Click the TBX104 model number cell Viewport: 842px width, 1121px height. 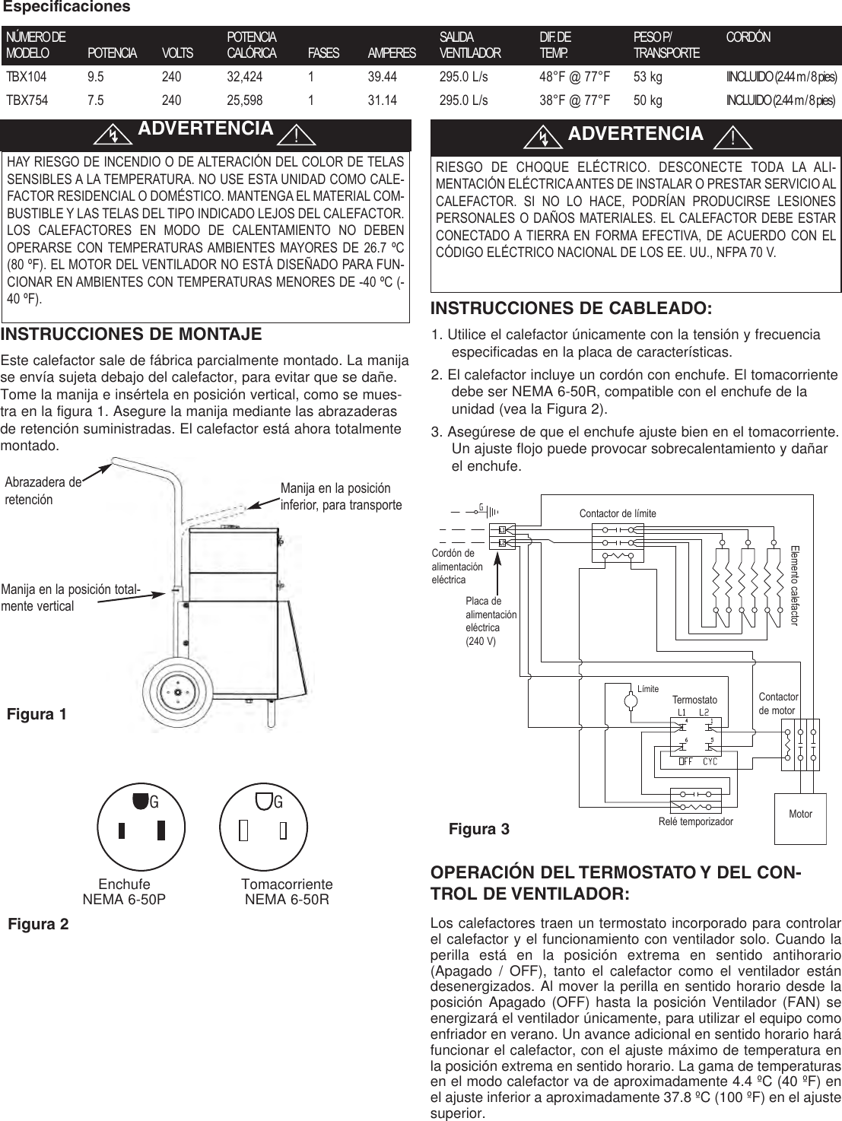tap(26, 77)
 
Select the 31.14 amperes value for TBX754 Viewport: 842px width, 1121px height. tap(382, 100)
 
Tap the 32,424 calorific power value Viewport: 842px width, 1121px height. tap(245, 77)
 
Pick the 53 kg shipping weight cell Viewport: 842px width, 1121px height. tap(647, 77)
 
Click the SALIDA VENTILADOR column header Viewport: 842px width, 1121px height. tap(470, 45)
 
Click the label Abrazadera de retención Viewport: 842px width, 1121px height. tap(43, 491)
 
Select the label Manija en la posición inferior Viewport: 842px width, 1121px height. tap(341, 497)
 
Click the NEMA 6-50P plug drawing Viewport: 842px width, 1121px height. tap(139, 830)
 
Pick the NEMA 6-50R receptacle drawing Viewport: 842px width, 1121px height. tap(262, 830)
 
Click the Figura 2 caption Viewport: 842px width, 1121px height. tap(38, 924)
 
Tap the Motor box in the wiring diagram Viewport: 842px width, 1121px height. tap(800, 814)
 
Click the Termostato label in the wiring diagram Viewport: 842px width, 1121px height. tap(694, 699)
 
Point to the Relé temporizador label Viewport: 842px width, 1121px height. tap(695, 821)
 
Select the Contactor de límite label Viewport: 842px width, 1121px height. tap(617, 514)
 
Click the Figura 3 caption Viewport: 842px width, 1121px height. tap(478, 828)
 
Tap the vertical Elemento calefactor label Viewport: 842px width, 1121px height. tap(795, 584)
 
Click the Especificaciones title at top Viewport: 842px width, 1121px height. tap(67, 7)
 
